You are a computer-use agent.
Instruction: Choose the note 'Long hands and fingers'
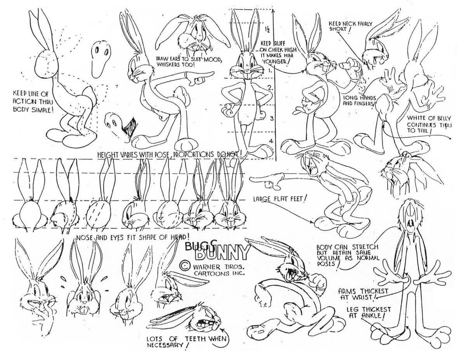click(x=357, y=101)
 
